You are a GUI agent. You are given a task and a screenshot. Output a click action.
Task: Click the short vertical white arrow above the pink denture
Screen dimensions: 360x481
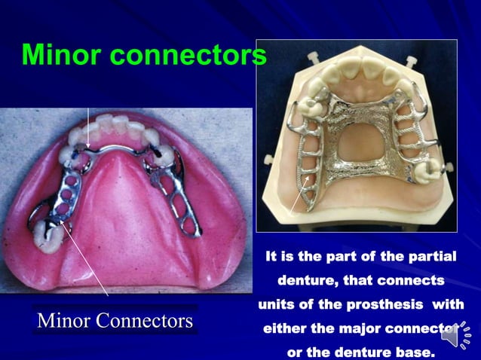click(x=89, y=127)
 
